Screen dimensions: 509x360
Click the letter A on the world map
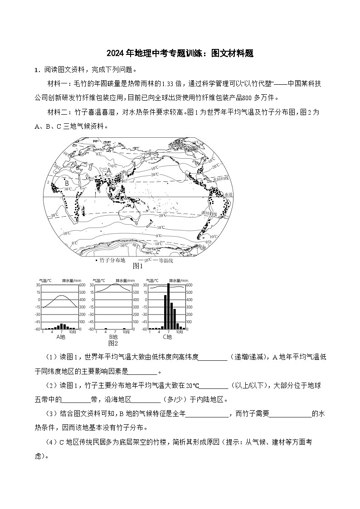(109, 171)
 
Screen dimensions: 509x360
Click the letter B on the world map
(67, 183)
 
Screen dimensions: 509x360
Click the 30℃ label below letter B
(68, 189)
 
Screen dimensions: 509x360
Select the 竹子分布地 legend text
(112, 260)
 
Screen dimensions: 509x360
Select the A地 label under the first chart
(61, 337)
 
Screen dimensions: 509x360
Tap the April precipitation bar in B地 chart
(106, 329)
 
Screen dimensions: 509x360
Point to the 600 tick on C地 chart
(189, 285)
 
